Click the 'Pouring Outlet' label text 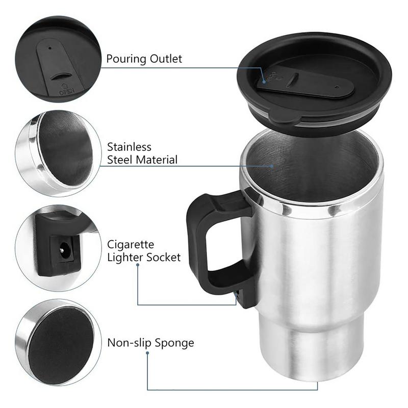pyautogui.click(x=144, y=59)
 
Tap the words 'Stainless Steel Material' pyautogui.click(x=142, y=154)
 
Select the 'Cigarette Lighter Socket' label pyautogui.click(x=144, y=251)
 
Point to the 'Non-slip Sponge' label pyautogui.click(x=150, y=343)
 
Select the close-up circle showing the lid pyautogui.click(x=58, y=59)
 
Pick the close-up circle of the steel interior pyautogui.click(x=58, y=153)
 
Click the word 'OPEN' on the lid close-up pyautogui.click(x=67, y=92)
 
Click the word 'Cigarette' pyautogui.click(x=131, y=245)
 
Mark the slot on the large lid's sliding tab pyautogui.click(x=292, y=80)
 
